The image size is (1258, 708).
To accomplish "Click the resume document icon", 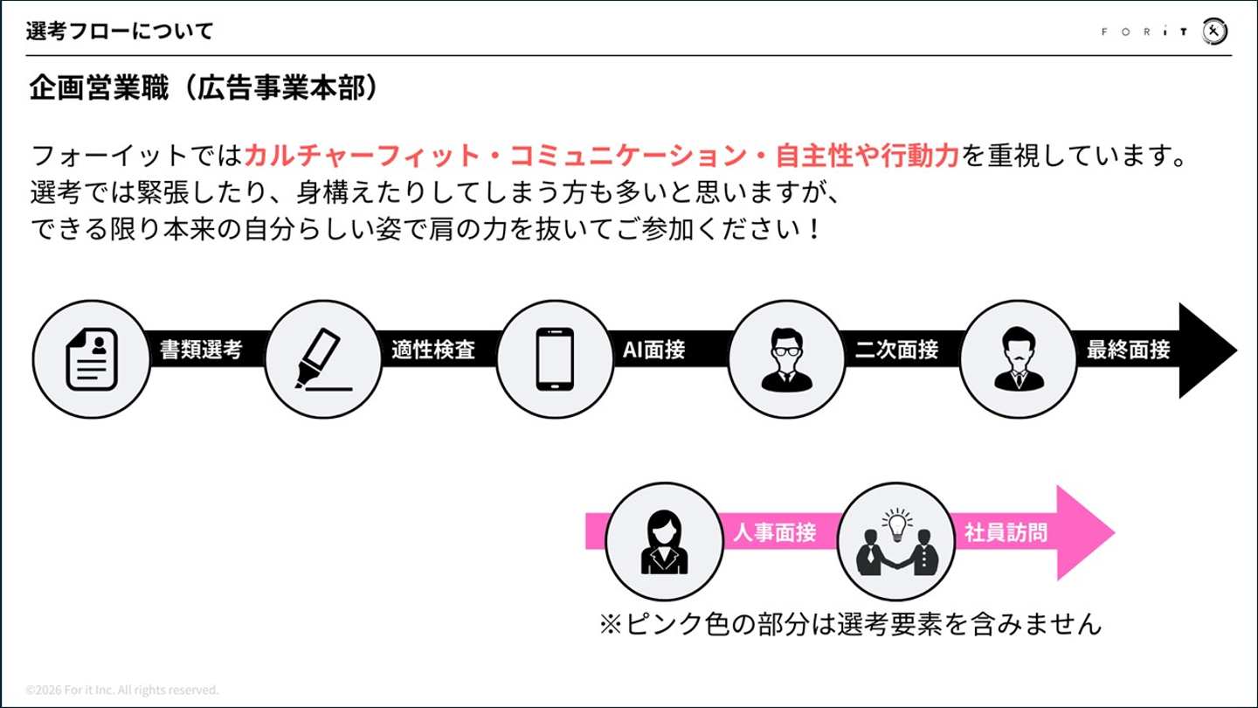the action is (92, 358).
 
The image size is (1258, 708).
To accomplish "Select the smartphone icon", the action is (555, 358).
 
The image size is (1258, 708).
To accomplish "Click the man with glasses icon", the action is (786, 359).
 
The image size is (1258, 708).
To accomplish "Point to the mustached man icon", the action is (1019, 358).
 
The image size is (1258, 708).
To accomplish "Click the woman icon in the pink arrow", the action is (664, 542).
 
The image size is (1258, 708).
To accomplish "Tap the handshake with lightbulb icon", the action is (896, 542).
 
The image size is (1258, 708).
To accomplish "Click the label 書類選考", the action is (201, 350).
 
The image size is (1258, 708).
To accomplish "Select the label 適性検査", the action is (433, 350).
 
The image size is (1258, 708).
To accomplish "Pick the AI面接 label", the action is (654, 350).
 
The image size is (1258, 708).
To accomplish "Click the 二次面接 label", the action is (896, 350).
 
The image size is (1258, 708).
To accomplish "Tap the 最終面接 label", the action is (1129, 350).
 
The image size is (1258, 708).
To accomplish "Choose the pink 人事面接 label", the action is (774, 531).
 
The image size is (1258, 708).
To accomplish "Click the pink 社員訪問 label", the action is (1006, 531).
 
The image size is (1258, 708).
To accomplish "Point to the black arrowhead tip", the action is (1237, 350).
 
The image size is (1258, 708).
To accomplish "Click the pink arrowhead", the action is (1085, 532).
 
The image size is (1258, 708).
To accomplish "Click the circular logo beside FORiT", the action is (1214, 31).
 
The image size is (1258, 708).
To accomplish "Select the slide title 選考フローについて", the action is (120, 31).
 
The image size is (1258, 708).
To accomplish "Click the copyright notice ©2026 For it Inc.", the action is (122, 690).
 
